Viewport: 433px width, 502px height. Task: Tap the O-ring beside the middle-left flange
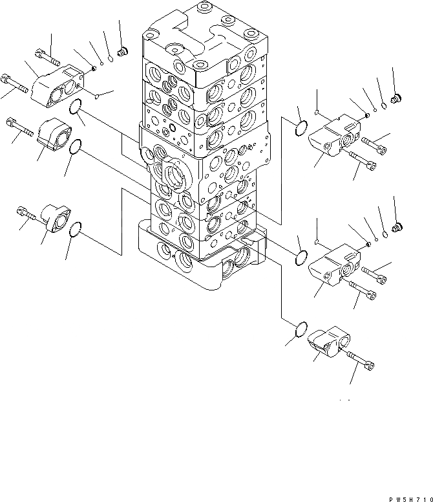75,147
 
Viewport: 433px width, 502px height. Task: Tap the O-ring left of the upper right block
301,129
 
